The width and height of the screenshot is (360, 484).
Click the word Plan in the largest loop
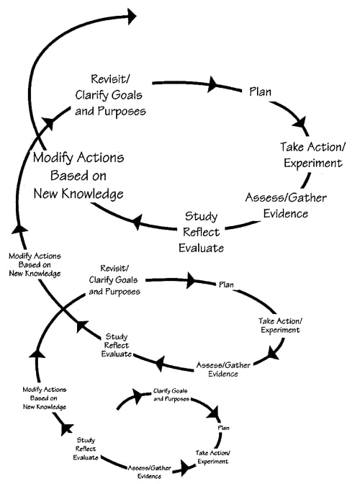point(260,91)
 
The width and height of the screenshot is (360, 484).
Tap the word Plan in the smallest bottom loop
point(223,429)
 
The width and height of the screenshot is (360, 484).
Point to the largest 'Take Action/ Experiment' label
point(312,155)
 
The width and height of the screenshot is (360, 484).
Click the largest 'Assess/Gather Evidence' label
point(277,205)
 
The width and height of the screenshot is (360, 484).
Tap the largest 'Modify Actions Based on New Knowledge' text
point(78,176)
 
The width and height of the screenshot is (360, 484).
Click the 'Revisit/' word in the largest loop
point(109,79)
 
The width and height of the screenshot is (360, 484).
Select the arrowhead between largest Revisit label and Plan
point(213,84)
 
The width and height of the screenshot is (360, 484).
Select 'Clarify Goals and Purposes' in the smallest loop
point(173,395)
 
